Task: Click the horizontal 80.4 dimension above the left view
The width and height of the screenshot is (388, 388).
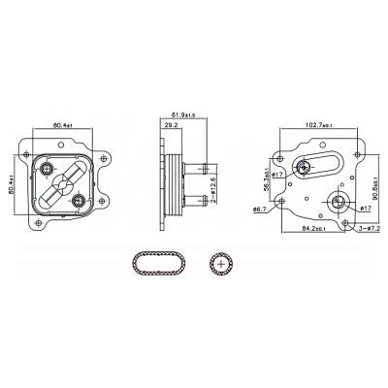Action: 62,124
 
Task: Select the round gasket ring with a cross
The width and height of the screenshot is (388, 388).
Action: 221,262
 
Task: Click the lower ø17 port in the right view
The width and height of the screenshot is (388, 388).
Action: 339,204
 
